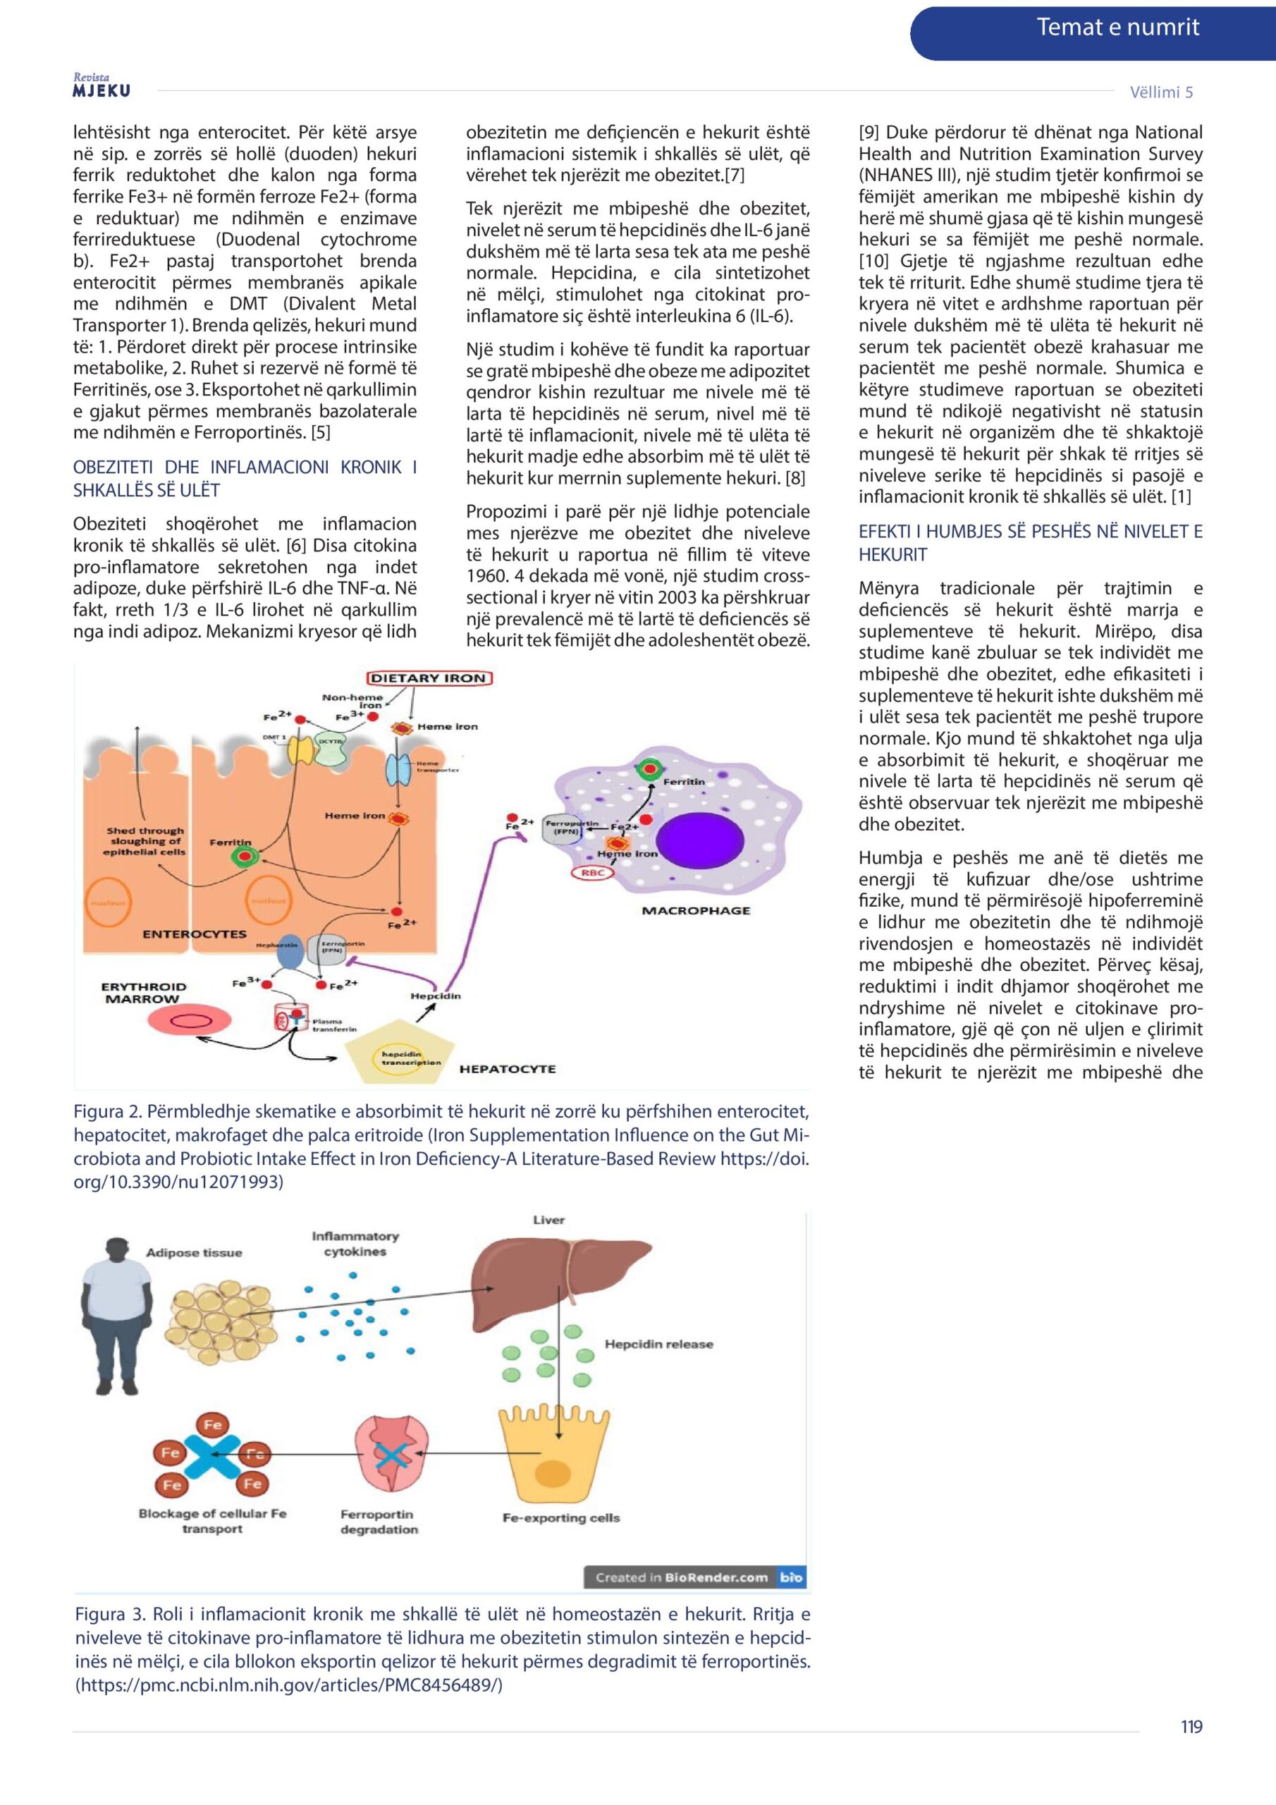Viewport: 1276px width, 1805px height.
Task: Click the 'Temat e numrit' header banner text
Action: click(x=1117, y=27)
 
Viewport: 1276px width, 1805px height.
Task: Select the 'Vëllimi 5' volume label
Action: click(x=1161, y=92)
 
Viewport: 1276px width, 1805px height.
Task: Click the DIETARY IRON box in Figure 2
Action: click(x=428, y=678)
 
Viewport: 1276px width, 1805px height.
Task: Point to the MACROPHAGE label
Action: click(x=696, y=910)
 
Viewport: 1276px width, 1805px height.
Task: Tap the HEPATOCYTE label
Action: click(x=507, y=1068)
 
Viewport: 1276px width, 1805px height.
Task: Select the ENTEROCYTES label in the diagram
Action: click(x=194, y=934)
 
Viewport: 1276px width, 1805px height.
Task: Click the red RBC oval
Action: click(x=591, y=873)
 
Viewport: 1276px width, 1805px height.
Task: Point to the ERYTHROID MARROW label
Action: click(x=144, y=992)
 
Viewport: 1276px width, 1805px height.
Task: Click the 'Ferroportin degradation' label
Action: click(x=379, y=1521)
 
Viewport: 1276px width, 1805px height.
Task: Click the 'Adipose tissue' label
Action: click(x=194, y=1252)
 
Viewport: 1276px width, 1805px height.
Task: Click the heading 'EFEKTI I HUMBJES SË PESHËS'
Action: click(x=1030, y=542)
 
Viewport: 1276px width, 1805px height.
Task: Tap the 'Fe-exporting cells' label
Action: click(x=560, y=1517)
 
